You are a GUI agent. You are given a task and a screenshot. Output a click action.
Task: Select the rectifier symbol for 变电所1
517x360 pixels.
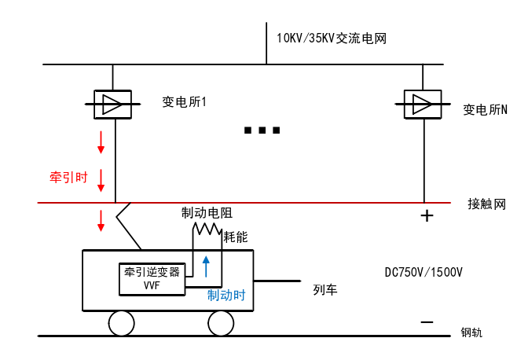pos(112,103)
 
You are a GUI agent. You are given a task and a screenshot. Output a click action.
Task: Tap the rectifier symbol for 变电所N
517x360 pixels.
pos(423,103)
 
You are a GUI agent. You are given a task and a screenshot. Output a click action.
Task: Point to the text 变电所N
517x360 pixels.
pos(485,110)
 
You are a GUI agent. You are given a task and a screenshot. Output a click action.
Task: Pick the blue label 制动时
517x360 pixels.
pos(226,296)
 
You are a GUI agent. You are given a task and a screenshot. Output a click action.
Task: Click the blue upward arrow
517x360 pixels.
pos(206,266)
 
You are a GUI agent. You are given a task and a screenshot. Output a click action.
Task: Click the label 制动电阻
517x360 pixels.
pos(207,212)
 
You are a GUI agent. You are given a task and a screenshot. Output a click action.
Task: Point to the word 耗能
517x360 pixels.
pos(236,235)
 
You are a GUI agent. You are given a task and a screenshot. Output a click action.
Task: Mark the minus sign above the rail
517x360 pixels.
pos(427,321)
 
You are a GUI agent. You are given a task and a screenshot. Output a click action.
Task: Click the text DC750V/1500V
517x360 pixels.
pos(423,273)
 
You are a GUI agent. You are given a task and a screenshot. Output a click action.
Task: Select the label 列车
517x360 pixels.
pos(324,290)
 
